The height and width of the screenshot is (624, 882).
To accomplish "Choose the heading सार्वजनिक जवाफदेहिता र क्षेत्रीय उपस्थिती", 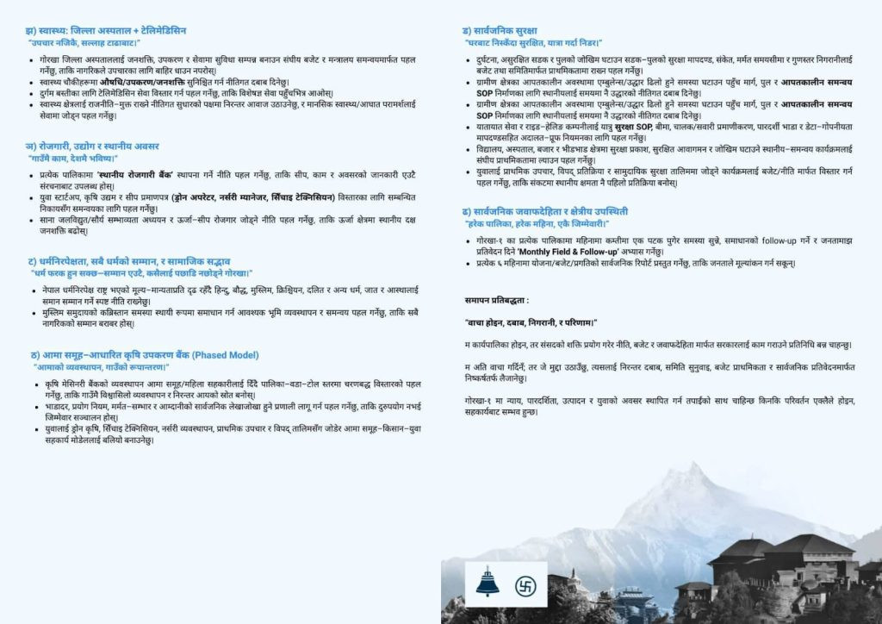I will coord(544,211).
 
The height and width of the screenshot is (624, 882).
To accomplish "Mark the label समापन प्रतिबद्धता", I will coord(497,300).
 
